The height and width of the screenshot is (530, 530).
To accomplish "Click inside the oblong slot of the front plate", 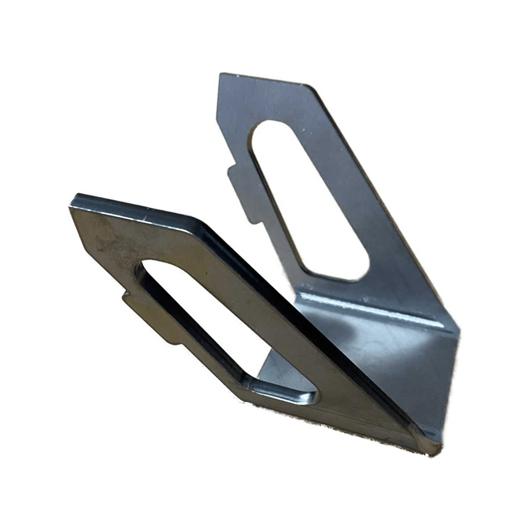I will click(212, 318).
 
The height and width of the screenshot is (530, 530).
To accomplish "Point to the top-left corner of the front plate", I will click(74, 199).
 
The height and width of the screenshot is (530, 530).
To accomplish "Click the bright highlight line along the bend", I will click(371, 307).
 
